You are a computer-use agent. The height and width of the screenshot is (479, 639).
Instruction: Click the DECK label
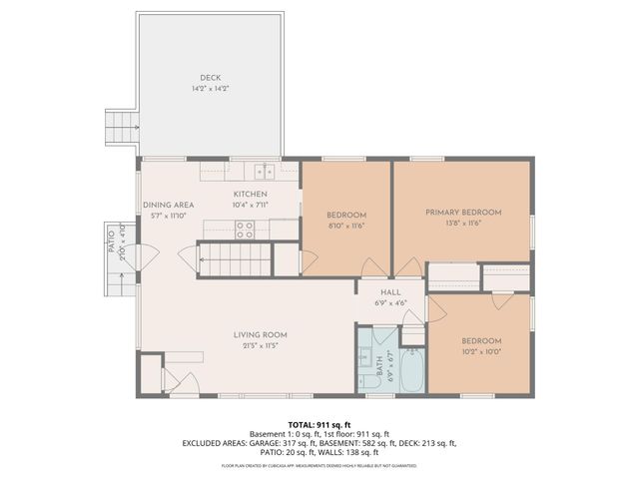(209, 78)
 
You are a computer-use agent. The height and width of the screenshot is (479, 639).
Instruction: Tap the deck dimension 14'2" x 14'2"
(209, 89)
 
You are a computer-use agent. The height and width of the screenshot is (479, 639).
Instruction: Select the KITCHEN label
(250, 194)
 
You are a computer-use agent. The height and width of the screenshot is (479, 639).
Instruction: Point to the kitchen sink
(263, 170)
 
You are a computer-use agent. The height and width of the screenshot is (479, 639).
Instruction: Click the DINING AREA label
(168, 205)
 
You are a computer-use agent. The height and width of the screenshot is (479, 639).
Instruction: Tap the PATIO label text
(110, 239)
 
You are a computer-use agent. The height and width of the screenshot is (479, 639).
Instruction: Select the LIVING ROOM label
(261, 335)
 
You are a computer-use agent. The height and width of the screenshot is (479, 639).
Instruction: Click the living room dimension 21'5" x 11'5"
(261, 347)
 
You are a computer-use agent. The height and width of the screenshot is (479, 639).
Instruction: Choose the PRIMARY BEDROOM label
(462, 213)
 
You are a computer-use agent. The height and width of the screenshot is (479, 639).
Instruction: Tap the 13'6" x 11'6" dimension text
(462, 224)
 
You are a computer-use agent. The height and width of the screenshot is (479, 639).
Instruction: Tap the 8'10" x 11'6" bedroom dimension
(346, 226)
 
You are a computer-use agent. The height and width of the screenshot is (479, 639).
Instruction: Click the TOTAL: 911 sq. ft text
(319, 423)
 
